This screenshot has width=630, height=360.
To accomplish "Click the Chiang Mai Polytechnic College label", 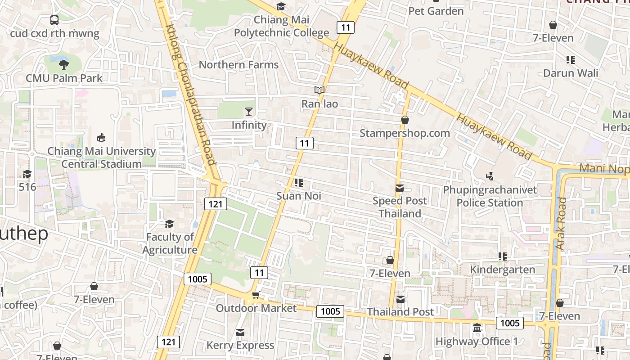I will pyautogui.click(x=281, y=26).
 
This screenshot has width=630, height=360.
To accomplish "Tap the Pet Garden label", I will pyautogui.click(x=436, y=11).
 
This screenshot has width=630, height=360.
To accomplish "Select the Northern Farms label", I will pyautogui.click(x=238, y=65).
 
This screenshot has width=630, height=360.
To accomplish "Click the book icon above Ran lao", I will pyautogui.click(x=319, y=90).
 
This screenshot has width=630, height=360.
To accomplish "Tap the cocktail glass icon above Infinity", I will pyautogui.click(x=249, y=112).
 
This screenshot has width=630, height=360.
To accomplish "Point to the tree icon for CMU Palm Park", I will pyautogui.click(x=64, y=65).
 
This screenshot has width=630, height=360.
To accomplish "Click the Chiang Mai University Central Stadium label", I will pyautogui.click(x=101, y=157).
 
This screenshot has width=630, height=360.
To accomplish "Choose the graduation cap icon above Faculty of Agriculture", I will pyautogui.click(x=169, y=224).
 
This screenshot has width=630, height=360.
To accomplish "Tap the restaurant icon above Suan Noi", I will pyautogui.click(x=298, y=183).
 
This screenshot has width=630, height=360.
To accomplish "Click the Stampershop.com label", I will pyautogui.click(x=405, y=133).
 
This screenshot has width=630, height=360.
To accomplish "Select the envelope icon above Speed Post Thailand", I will pyautogui.click(x=400, y=188).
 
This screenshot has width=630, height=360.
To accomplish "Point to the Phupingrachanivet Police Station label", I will pyautogui.click(x=490, y=196).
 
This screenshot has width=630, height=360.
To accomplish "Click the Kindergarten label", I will pyautogui.click(x=502, y=270).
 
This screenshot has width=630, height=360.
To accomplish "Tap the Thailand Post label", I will pyautogui.click(x=400, y=312).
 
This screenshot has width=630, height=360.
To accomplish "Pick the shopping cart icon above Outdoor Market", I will pyautogui.click(x=256, y=295).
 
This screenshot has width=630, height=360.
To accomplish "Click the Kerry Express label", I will pyautogui.click(x=240, y=345).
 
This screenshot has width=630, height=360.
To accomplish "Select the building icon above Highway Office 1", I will pyautogui.click(x=477, y=328).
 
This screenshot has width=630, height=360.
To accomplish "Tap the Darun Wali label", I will pyautogui.click(x=571, y=73).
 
